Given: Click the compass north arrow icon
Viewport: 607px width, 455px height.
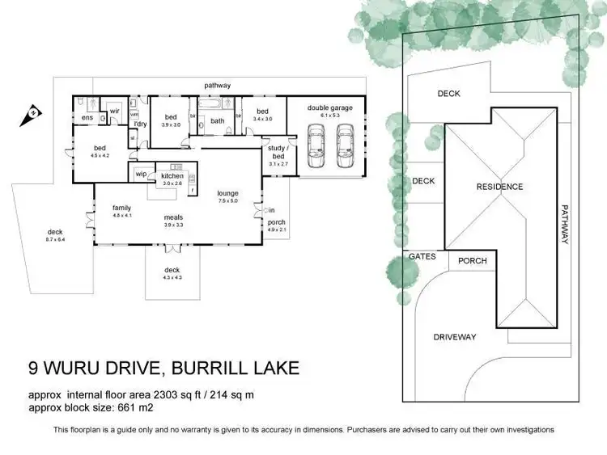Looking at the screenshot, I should [33, 112].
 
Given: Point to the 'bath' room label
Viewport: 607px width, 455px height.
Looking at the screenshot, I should [217, 121].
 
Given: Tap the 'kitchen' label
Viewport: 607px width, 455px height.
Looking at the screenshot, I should [172, 175].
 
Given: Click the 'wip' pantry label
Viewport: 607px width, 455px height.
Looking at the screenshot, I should [141, 174].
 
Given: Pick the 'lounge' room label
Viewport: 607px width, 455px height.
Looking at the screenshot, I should [227, 193].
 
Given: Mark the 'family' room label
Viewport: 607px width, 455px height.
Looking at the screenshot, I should [121, 208].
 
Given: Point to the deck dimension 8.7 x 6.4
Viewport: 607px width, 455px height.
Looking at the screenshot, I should [55, 240].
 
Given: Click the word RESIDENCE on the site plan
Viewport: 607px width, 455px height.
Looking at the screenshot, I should [499, 187].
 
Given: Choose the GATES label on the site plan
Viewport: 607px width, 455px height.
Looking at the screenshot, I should [422, 256].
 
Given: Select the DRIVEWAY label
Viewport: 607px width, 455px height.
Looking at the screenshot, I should [454, 337].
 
